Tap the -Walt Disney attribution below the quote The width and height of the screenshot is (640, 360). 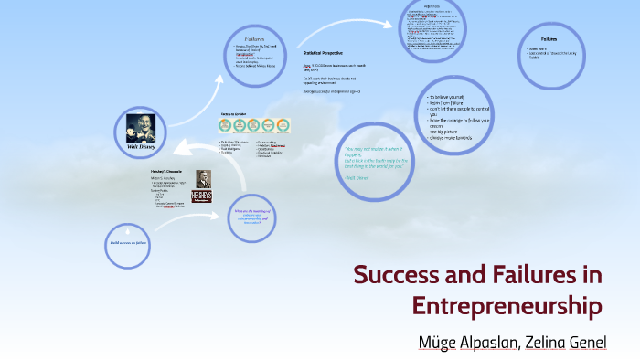(x=360, y=179)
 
